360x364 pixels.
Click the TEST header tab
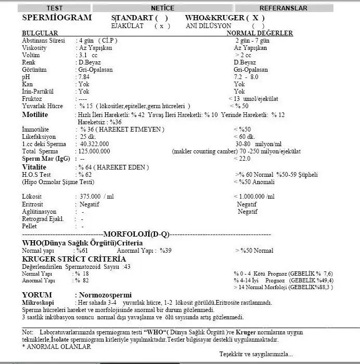(x=55, y=8)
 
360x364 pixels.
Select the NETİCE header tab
(x=162, y=8)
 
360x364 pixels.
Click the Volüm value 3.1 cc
(x=87, y=55)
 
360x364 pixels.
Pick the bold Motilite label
(x=35, y=114)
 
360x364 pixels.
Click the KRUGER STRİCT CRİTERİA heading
(x=74, y=258)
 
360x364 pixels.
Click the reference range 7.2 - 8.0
(x=247, y=76)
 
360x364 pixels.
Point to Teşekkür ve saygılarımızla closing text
(x=256, y=354)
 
